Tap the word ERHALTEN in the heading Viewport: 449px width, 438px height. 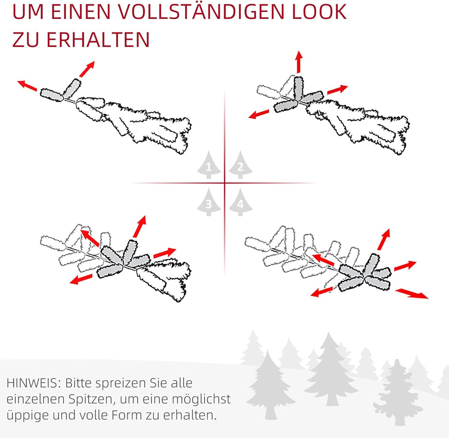click(98, 40)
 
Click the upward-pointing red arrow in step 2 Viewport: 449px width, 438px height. click(298, 62)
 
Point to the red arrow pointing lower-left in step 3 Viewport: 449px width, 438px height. click(81, 279)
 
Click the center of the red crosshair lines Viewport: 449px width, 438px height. click(225, 183)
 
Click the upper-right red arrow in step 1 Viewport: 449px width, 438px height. click(87, 69)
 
